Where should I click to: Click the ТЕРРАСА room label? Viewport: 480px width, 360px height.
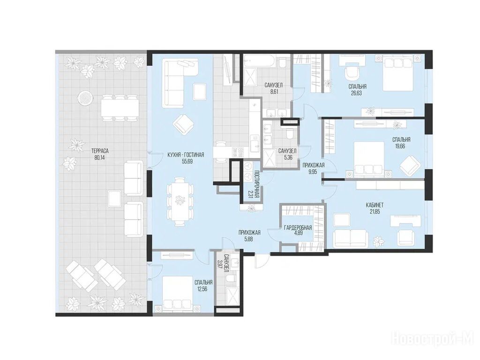(x=100, y=151)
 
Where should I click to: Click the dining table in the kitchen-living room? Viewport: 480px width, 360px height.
(x=180, y=201)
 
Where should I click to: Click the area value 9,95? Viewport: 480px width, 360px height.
(x=314, y=172)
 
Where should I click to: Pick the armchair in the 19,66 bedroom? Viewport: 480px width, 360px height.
(x=409, y=165)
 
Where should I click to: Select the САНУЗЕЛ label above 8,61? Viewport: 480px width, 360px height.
(x=273, y=85)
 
